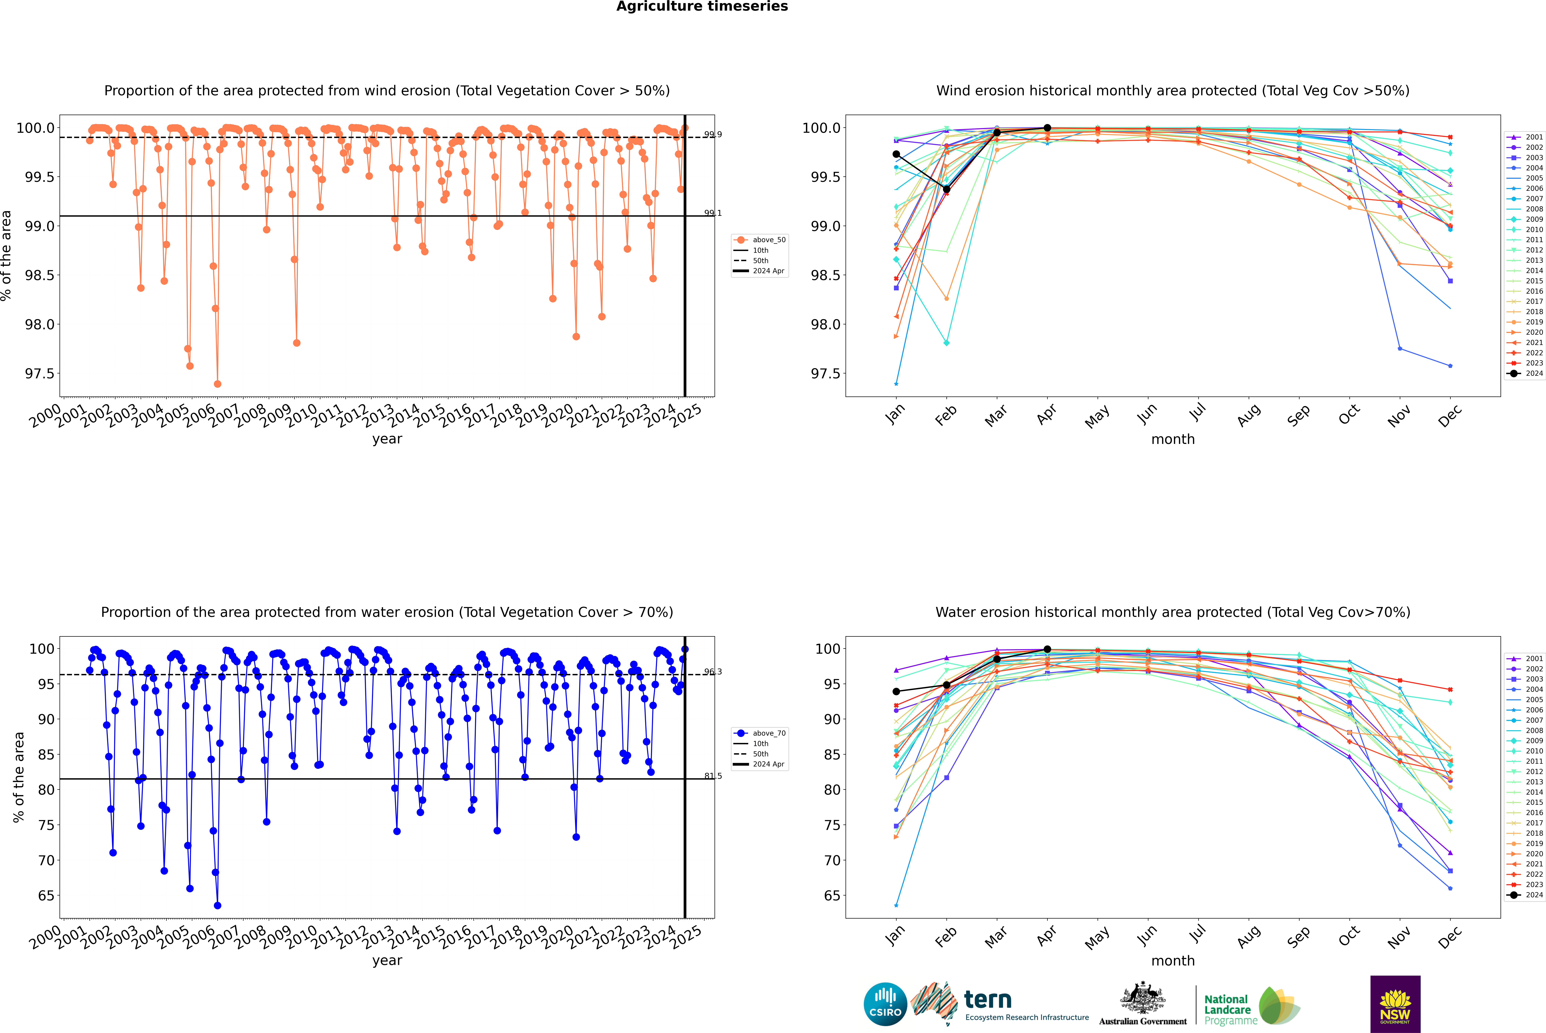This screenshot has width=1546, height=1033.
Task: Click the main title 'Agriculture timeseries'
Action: pyautogui.click(x=702, y=7)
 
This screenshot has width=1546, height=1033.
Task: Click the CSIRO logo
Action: pyautogui.click(x=885, y=1004)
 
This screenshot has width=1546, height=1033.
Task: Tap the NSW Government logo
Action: pyautogui.click(x=1395, y=1004)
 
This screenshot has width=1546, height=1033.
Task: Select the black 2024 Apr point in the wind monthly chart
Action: pyautogui.click(x=1047, y=128)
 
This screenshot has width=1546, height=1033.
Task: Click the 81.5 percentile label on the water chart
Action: pyautogui.click(x=712, y=776)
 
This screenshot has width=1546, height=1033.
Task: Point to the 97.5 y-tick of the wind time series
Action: pyautogui.click(x=40, y=374)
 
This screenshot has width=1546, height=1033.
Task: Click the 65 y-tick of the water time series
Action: pyautogui.click(x=46, y=896)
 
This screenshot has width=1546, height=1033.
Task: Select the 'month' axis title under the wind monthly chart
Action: pyautogui.click(x=1172, y=439)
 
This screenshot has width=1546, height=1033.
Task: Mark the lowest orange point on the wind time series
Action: pyautogui.click(x=218, y=384)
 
